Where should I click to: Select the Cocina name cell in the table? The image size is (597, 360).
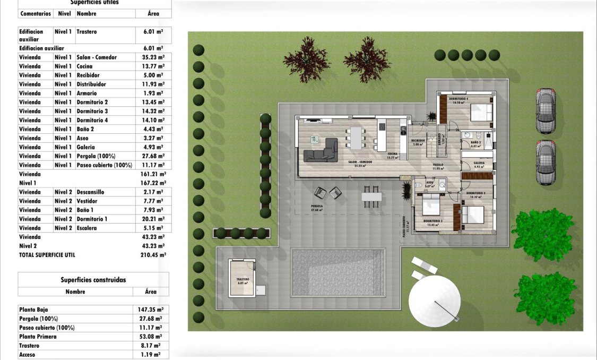[84, 66]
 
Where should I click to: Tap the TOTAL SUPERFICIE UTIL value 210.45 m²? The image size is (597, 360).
[154, 255]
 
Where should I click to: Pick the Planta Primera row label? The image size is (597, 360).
[38, 337]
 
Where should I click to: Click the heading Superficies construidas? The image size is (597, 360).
[93, 280]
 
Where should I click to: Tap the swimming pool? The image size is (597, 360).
[338, 273]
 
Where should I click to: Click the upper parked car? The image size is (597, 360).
[546, 110]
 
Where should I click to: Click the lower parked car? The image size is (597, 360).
[547, 162]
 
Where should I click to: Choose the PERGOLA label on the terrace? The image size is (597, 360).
[317, 206]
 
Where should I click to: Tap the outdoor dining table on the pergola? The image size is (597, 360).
[371, 196]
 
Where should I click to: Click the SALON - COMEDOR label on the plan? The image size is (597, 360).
[360, 161]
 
